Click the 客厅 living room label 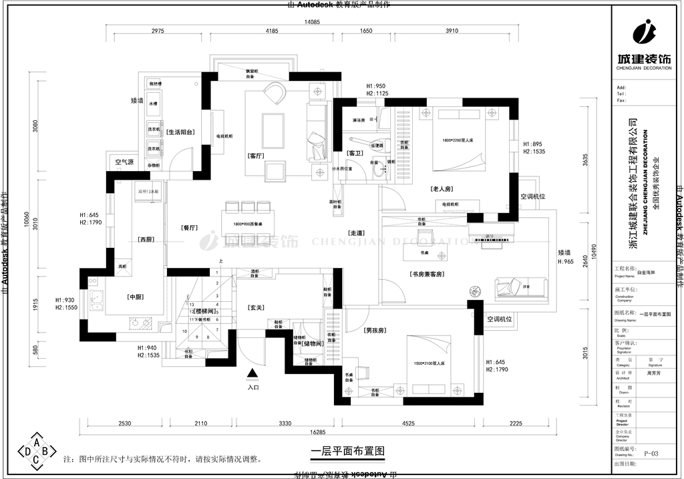click(257, 156)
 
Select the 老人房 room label click(442, 189)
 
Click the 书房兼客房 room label click(428, 274)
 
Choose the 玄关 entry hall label click(256, 308)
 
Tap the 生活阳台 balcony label click(180, 132)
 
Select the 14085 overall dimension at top click(313, 22)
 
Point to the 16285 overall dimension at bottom click(313, 432)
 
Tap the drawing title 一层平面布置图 click(348, 452)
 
